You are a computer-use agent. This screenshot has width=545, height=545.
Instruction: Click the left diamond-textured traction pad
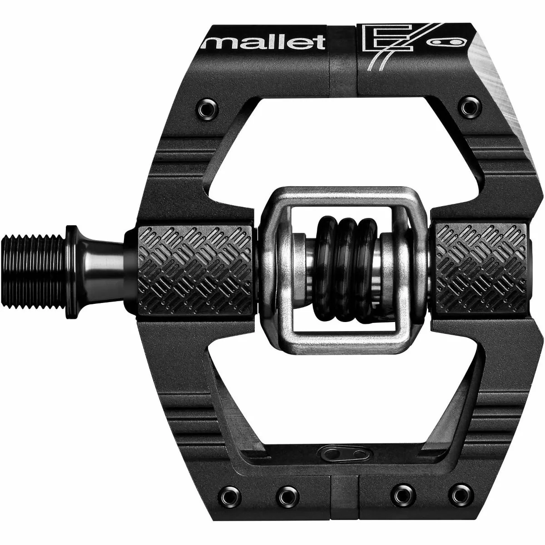(195, 271)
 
